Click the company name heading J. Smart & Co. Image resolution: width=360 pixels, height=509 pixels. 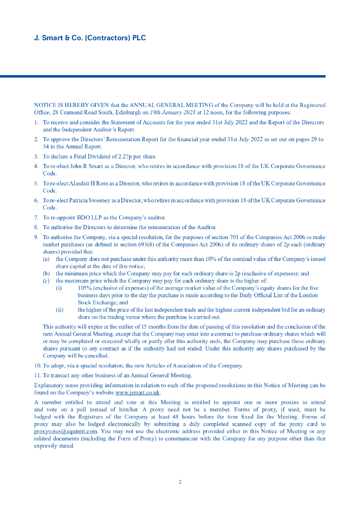click(x=90, y=38)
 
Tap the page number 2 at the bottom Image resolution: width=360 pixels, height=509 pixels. click(x=180, y=482)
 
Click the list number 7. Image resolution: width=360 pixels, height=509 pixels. click(x=36, y=218)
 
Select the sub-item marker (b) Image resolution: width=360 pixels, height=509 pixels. click(x=46, y=273)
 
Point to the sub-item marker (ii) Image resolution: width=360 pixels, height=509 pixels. click(x=59, y=310)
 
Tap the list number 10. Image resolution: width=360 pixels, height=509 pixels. click(x=37, y=366)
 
